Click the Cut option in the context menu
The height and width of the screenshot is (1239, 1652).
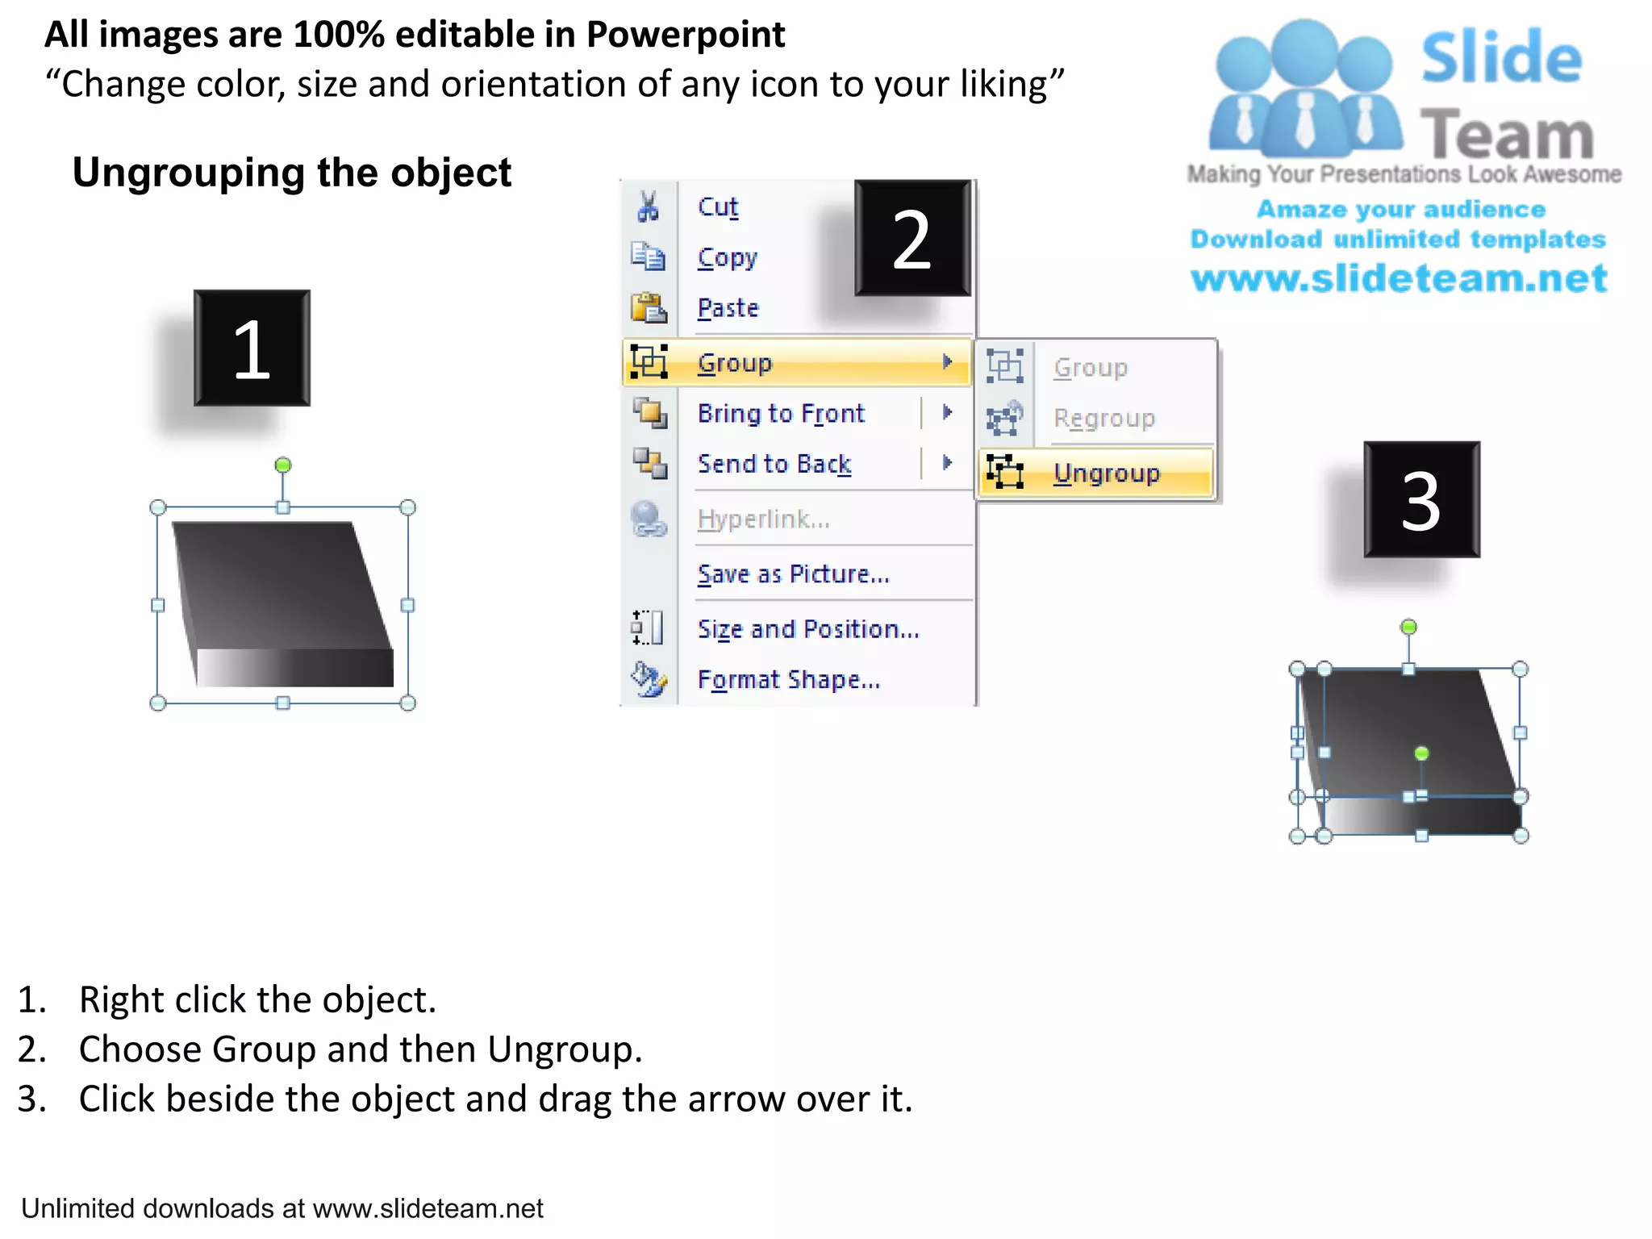coord(717,207)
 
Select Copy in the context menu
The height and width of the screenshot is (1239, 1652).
coord(727,258)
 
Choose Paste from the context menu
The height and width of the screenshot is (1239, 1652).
coord(728,308)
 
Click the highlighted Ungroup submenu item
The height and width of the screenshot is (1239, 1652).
coord(1106,473)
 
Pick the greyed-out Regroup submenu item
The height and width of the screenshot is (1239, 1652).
coord(1103,418)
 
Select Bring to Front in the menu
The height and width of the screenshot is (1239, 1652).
coord(780,413)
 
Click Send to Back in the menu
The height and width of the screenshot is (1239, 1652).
coord(774,464)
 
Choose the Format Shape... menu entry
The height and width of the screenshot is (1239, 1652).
coord(788,680)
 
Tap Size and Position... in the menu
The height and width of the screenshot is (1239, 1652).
coord(807,629)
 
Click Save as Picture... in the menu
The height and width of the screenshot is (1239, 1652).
coord(793,574)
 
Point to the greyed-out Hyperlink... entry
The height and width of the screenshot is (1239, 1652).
coord(763,519)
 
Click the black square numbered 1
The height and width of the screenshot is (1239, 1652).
coord(252,348)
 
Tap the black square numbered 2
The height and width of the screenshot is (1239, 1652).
coord(912,238)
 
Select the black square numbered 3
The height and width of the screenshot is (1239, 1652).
coord(1421,500)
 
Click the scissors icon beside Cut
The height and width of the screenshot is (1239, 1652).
coord(648,206)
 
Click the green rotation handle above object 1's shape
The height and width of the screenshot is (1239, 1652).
coord(282,465)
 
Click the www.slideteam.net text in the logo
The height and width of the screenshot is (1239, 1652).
coord(1399,279)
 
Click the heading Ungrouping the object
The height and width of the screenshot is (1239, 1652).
coord(292,173)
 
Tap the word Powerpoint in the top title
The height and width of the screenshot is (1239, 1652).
coord(685,35)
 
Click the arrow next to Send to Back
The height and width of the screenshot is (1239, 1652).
coord(947,463)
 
